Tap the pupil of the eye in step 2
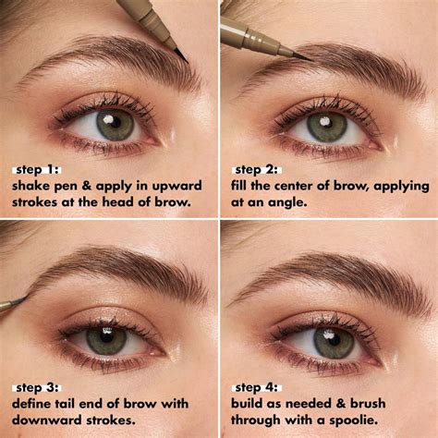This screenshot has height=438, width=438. pyautogui.click(x=327, y=127)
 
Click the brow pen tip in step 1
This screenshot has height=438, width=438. pyautogui.click(x=184, y=58)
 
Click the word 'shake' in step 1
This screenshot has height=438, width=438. pyautogui.click(x=35, y=185)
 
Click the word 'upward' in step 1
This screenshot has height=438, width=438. pyautogui.click(x=176, y=185)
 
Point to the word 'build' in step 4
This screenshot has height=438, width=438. pyautogui.click(x=253, y=404)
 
